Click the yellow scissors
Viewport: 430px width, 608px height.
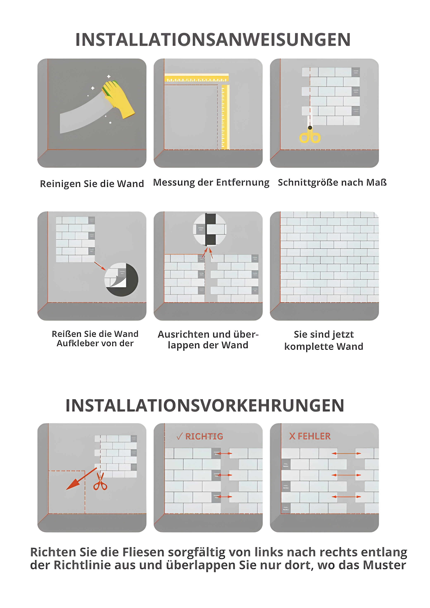click(x=310, y=136)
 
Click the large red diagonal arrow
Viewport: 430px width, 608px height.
click(x=81, y=479)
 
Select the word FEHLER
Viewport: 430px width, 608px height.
click(x=314, y=436)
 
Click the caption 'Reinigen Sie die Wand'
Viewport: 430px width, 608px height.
click(x=92, y=184)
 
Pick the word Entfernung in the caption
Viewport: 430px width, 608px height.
click(x=243, y=182)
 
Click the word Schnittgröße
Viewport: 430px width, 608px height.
click(x=308, y=182)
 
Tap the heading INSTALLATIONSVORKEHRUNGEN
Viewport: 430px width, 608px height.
click(x=205, y=406)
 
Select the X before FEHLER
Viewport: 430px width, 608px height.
click(x=292, y=436)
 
